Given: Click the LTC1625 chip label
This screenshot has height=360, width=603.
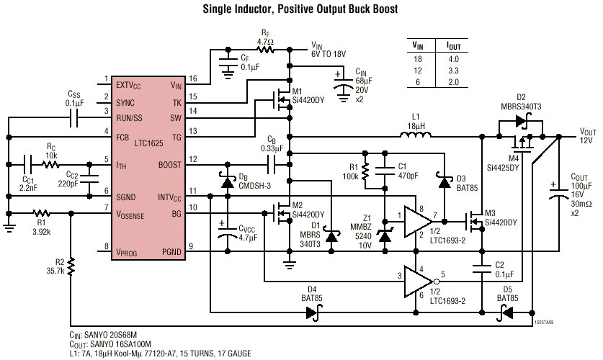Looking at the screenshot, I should (144, 144).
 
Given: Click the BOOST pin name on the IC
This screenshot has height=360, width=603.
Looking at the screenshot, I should (167, 165).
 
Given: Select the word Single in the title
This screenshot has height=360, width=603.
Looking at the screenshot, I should (228, 10).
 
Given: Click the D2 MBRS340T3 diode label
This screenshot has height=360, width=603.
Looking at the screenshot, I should (521, 102).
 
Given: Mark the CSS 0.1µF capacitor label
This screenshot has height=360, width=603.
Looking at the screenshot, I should (74, 99).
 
